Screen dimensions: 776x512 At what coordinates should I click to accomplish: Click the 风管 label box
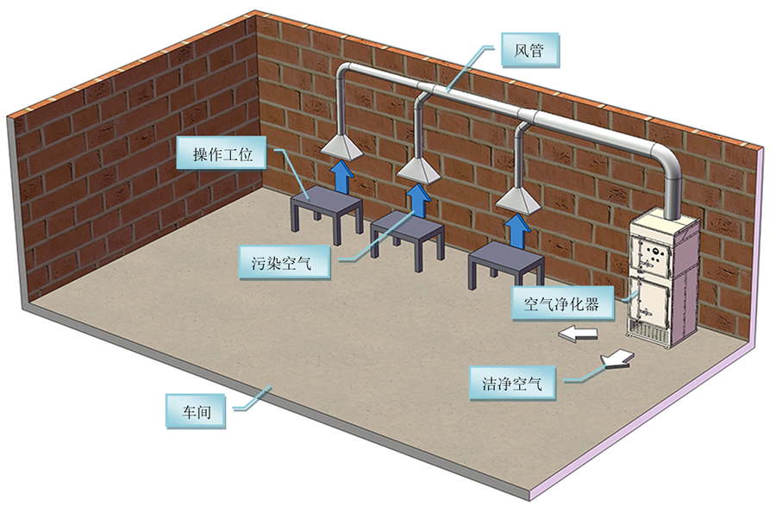tap(530, 50)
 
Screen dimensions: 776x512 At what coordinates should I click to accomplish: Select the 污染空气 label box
tap(284, 262)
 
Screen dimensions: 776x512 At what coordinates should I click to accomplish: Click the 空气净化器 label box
tap(563, 303)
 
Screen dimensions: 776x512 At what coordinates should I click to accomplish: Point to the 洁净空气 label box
tap(512, 383)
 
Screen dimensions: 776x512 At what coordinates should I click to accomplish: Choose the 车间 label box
tap(196, 411)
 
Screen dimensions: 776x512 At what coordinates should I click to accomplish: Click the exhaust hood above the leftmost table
tap(342, 147)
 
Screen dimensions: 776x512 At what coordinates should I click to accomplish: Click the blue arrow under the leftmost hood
tap(342, 175)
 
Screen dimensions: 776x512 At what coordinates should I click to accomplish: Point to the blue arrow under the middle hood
tap(418, 200)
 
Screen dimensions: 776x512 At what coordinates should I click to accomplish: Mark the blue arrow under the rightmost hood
tap(517, 231)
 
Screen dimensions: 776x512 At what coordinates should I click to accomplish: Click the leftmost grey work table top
tap(327, 199)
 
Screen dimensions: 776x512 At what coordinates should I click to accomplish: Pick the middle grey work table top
tap(407, 226)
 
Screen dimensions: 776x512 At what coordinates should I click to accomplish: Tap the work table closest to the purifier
tap(506, 265)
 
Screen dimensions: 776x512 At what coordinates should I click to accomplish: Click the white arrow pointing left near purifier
tap(578, 334)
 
